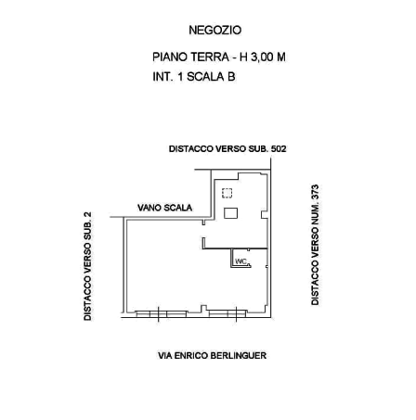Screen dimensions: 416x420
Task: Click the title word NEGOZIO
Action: pyautogui.click(x=215, y=31)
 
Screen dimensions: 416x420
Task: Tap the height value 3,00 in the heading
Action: pyautogui.click(x=262, y=57)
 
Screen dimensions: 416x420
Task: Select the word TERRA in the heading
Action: pyautogui.click(x=210, y=57)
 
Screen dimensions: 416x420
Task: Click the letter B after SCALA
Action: pyautogui.click(x=231, y=77)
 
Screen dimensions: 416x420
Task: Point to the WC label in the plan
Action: pyautogui.click(x=241, y=261)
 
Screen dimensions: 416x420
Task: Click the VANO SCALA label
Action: pyautogui.click(x=164, y=208)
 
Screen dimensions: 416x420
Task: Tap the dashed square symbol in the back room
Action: pyautogui.click(x=227, y=193)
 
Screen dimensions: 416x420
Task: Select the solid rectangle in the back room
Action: pyautogui.click(x=230, y=213)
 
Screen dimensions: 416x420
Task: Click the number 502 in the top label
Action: pyautogui.click(x=279, y=149)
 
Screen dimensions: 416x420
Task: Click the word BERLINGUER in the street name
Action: pyautogui.click(x=239, y=355)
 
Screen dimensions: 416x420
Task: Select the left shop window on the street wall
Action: pyautogui.click(x=162, y=314)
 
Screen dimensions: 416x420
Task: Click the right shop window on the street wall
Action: pyautogui.click(x=227, y=314)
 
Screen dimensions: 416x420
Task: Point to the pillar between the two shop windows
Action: pyautogui.click(x=203, y=309)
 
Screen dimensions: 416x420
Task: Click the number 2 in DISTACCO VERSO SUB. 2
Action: pyautogui.click(x=87, y=215)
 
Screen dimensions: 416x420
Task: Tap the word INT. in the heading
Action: pyautogui.click(x=162, y=77)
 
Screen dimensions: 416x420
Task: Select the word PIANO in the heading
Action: pyautogui.click(x=170, y=57)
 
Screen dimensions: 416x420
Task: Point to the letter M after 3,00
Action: pyautogui.click(x=281, y=57)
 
